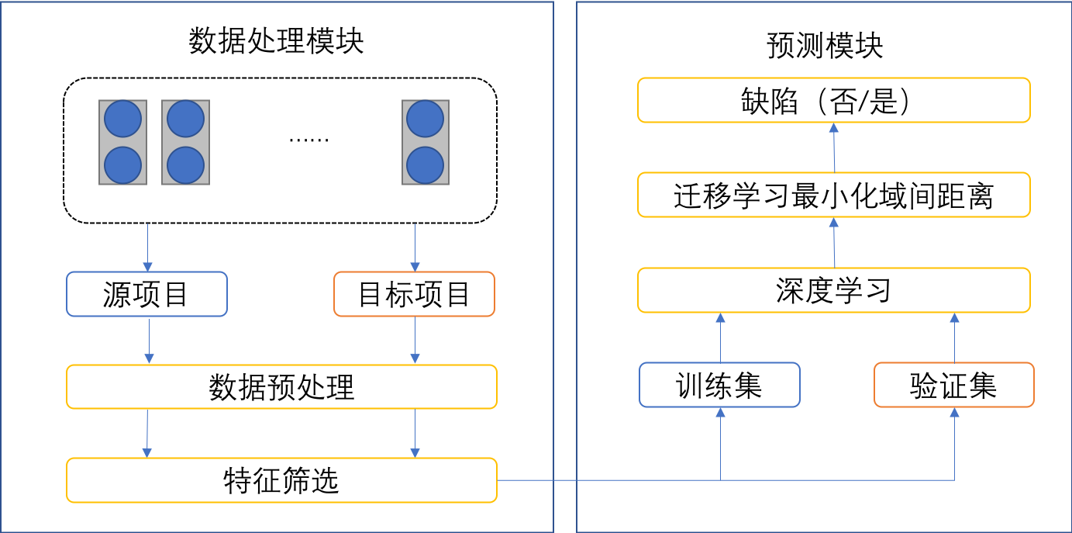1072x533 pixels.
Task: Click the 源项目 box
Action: tap(146, 294)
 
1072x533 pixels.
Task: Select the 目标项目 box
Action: tap(414, 294)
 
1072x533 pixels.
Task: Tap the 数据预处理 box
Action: tap(281, 386)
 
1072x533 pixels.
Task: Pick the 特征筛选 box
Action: tap(281, 480)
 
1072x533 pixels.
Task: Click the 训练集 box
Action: tap(719, 385)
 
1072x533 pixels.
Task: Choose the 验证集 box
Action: tap(953, 385)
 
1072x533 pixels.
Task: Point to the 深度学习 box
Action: tap(833, 290)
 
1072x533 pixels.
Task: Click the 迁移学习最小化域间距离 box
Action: tap(833, 195)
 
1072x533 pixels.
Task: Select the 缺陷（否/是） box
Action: tap(833, 100)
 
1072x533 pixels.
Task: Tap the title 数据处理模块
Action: tap(276, 41)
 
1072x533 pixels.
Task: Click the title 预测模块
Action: tap(825, 46)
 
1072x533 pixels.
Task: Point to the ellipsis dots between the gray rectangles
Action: tap(309, 140)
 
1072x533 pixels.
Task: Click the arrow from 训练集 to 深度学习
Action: tap(720, 337)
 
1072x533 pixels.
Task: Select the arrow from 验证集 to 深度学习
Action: tap(954, 337)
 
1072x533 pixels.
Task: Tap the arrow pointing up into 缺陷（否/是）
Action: tap(834, 147)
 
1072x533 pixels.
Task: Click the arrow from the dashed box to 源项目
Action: tap(147, 247)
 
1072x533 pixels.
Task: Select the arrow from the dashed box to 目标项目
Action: tap(415, 247)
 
